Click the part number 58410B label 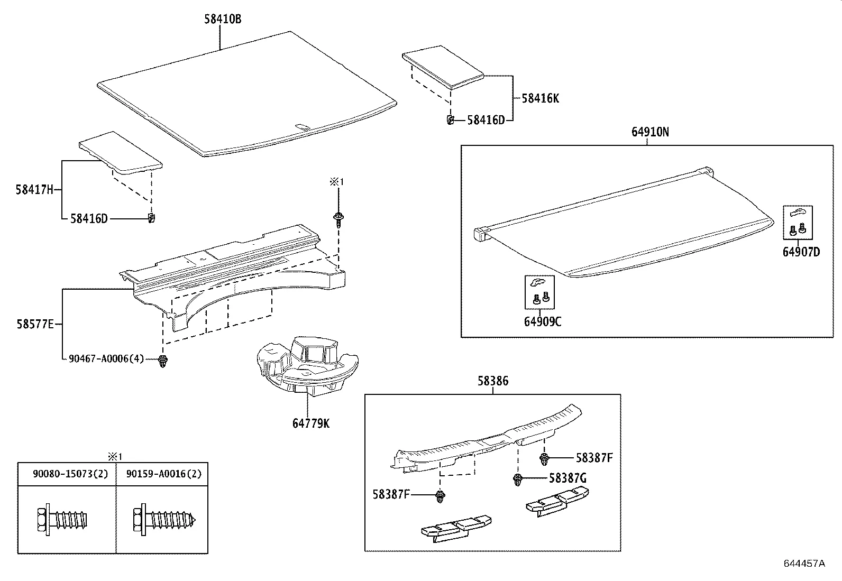coord(223,20)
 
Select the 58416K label coord(540,98)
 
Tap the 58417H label coord(34,189)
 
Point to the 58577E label coord(35,324)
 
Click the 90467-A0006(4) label coord(106,358)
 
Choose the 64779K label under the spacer coord(310,423)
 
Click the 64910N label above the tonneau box coord(649,132)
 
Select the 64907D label coord(801,252)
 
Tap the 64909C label coord(542,321)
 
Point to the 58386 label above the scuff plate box coord(493,381)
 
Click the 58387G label coord(568,478)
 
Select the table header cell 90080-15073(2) coord(70,474)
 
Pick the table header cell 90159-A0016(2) coord(164,474)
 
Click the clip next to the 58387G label coord(518,480)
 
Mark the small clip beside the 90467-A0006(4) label coord(162,362)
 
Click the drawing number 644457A coord(804,563)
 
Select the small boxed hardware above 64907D coord(798,222)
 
